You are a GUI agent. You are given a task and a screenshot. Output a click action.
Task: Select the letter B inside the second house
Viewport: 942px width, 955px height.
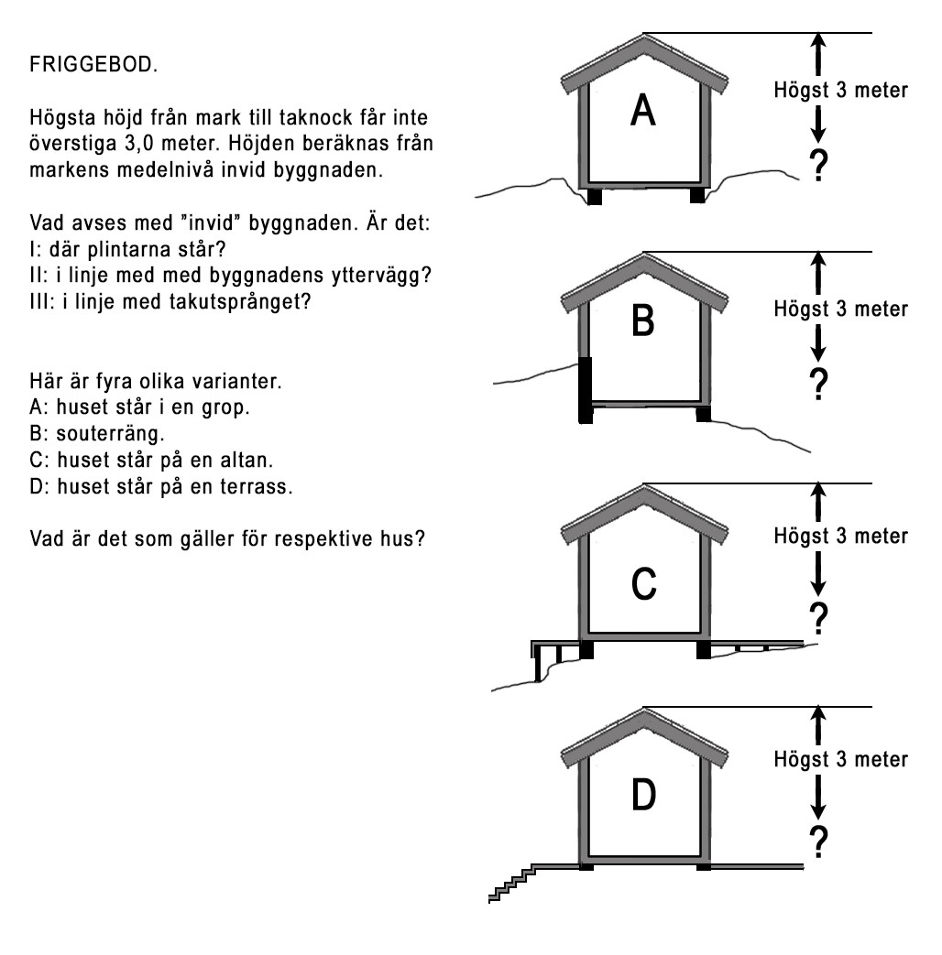tap(643, 321)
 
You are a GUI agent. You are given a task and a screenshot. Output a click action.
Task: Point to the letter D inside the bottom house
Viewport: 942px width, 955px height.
tap(643, 794)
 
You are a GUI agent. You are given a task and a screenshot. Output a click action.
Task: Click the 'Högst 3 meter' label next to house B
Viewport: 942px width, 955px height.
tap(841, 309)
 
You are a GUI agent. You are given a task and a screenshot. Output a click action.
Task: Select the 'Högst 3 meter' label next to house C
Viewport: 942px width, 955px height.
tap(841, 534)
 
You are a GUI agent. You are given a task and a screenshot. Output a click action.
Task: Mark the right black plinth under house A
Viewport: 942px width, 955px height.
tap(698, 195)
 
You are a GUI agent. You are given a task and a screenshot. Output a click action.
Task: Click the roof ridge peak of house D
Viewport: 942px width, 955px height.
tap(644, 710)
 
